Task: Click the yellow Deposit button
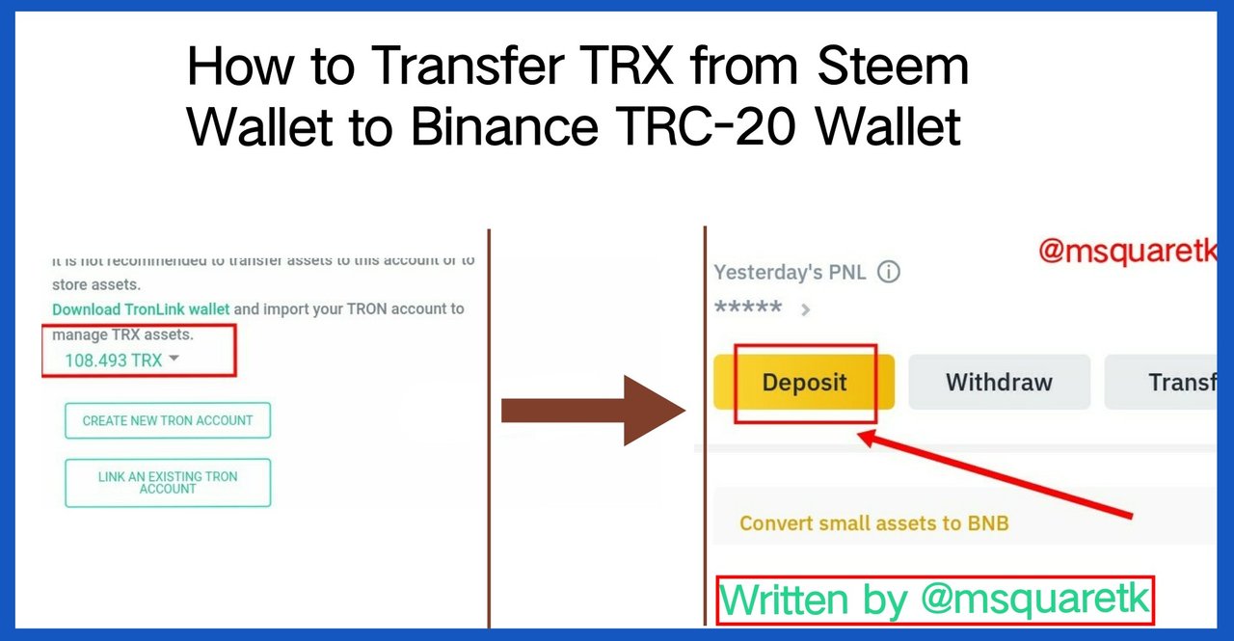click(804, 383)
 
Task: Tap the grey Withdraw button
click(999, 383)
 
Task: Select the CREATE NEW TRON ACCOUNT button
click(168, 420)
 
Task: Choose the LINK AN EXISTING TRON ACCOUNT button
click(168, 482)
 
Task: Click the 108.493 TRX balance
click(113, 361)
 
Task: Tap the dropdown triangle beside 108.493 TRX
click(174, 359)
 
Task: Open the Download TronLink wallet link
click(141, 309)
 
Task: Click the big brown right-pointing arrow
click(593, 412)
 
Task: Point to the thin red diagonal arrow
click(993, 477)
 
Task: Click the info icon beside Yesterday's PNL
click(889, 273)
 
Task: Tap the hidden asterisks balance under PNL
click(748, 308)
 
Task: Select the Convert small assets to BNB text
click(873, 523)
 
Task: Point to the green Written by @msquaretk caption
click(935, 599)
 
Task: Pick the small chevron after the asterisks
click(806, 310)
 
